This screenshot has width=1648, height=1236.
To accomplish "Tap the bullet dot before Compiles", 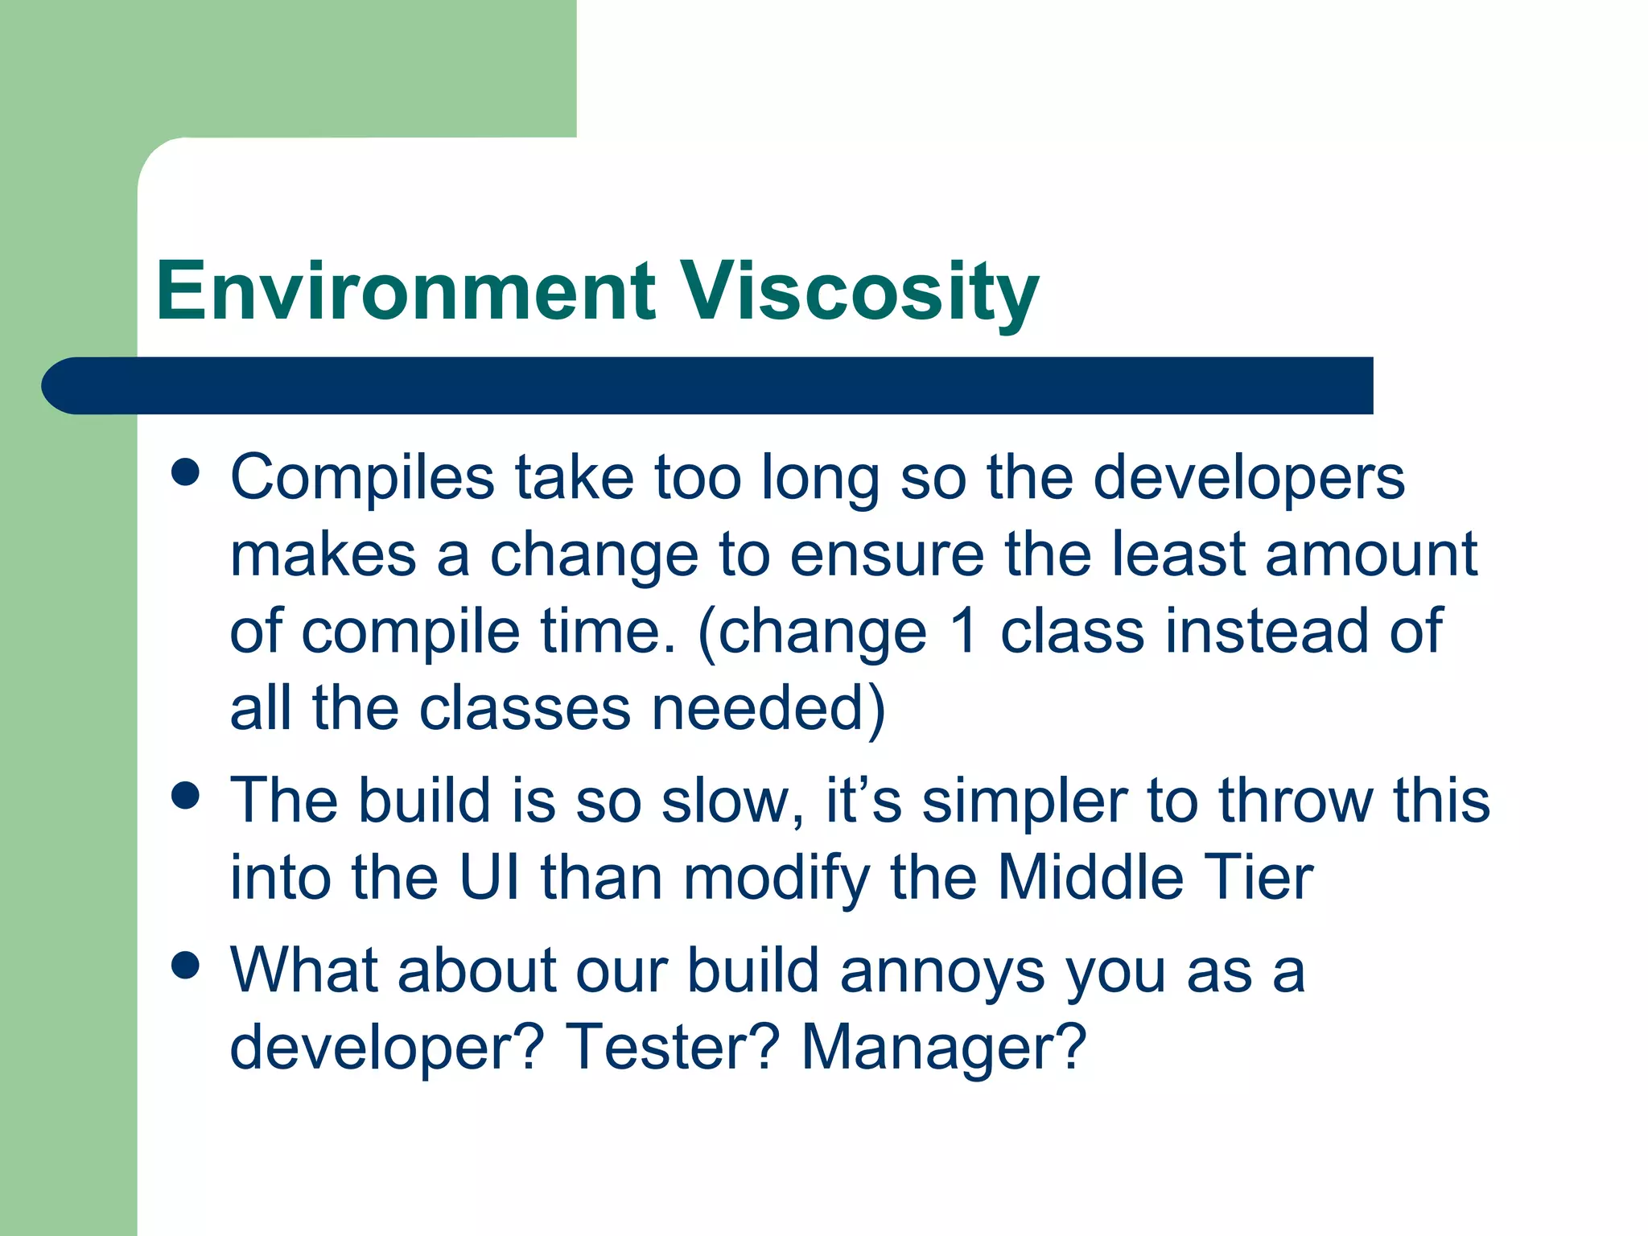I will pos(185,473).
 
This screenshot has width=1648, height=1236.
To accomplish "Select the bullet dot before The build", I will pos(185,797).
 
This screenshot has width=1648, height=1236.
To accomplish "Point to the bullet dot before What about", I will pos(185,966).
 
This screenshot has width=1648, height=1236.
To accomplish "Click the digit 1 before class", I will pos(963,632).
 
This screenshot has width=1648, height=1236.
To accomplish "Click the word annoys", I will pos(942,972).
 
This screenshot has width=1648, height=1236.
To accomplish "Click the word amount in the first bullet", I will pos(1371,555).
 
